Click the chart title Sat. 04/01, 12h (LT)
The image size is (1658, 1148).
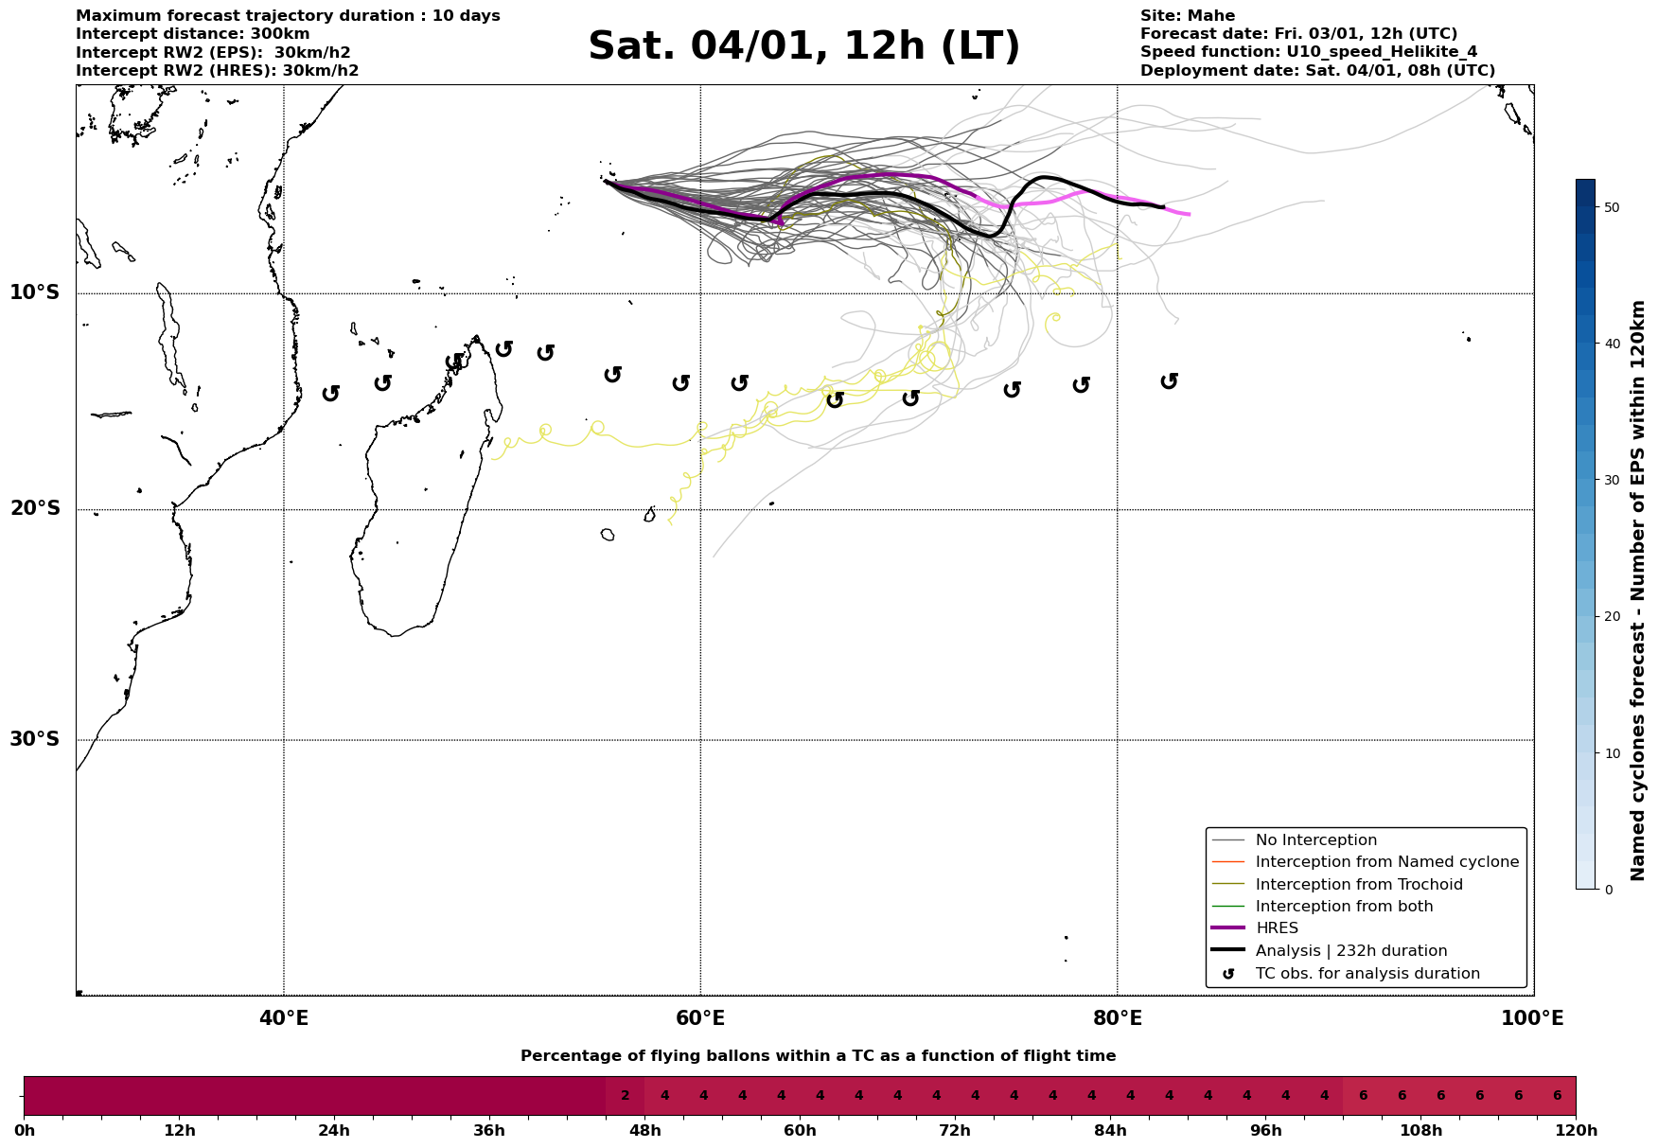click(803, 46)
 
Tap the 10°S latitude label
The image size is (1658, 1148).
click(35, 292)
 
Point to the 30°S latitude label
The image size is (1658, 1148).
click(35, 739)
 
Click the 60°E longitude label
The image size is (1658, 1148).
click(700, 1018)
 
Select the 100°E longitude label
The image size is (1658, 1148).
click(1533, 1018)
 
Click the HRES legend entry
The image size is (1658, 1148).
click(1277, 928)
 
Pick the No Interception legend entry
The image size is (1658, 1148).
click(1315, 840)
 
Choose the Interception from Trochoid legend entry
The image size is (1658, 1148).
click(1358, 885)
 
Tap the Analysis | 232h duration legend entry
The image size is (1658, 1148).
click(1350, 951)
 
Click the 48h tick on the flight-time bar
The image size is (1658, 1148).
click(644, 1131)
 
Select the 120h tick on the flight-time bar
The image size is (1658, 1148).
click(1575, 1131)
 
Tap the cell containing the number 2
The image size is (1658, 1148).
click(625, 1096)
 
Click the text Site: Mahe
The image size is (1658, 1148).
click(1187, 16)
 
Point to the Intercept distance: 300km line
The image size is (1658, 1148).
click(192, 34)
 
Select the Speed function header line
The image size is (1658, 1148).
click(1308, 52)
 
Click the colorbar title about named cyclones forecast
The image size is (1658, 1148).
click(1638, 591)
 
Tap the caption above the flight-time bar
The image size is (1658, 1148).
click(818, 1056)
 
